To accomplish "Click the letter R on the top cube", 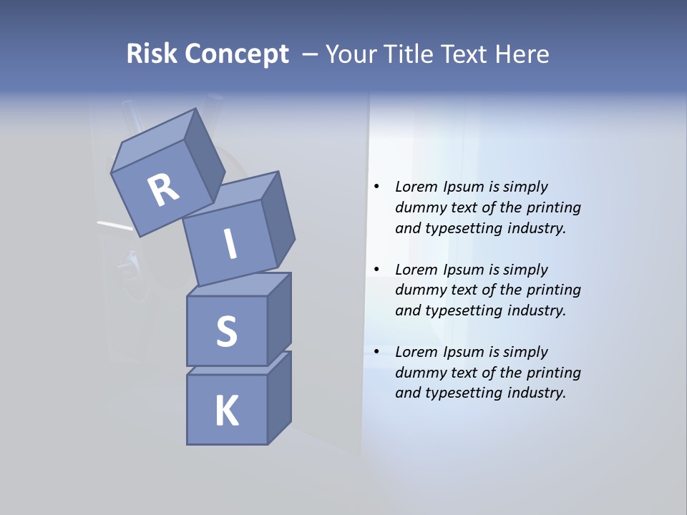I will (163, 190).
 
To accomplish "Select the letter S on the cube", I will (226, 331).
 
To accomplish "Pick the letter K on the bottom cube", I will (226, 411).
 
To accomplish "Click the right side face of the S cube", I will (279, 318).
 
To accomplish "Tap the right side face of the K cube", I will (279, 398).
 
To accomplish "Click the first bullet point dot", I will (376, 187).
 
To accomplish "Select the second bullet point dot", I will (376, 270).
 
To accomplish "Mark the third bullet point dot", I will (376, 352).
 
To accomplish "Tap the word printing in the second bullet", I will (553, 290).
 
